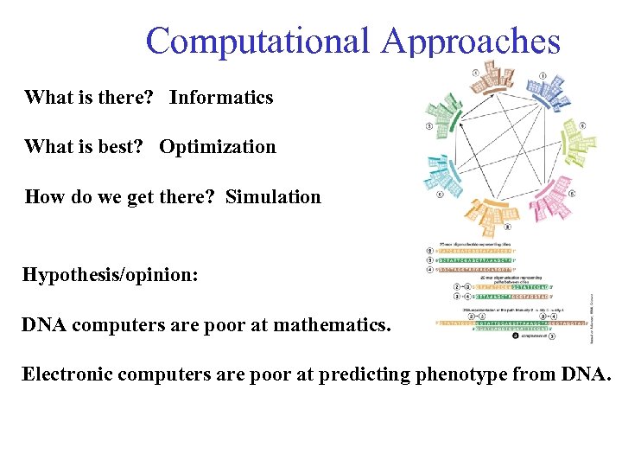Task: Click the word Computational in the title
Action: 257,41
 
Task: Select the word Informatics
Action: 221,98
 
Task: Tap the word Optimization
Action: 217,147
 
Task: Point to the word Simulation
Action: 273,197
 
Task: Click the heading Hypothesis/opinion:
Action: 110,276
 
